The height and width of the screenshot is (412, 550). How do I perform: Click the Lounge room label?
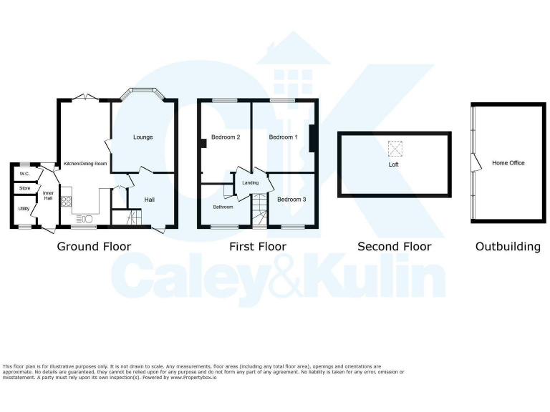pyautogui.click(x=143, y=137)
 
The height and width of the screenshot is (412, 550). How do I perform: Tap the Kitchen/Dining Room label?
pyautogui.click(x=85, y=164)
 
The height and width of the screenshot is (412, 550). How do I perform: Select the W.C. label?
pyautogui.click(x=24, y=174)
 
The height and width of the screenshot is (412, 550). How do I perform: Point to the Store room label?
pyautogui.click(x=25, y=188)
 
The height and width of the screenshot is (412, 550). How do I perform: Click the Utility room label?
pyautogui.click(x=24, y=208)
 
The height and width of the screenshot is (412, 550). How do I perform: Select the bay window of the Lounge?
pyautogui.click(x=143, y=94)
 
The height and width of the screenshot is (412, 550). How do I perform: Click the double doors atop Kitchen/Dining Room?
pyautogui.click(x=85, y=97)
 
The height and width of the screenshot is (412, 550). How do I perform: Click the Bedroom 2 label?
pyautogui.click(x=225, y=137)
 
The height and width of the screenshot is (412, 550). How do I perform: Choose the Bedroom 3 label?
pyautogui.click(x=291, y=199)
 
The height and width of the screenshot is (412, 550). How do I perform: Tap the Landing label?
pyautogui.click(x=250, y=183)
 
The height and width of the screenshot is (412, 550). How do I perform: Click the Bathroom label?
pyautogui.click(x=223, y=207)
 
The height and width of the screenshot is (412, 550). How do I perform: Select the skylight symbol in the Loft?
pyautogui.click(x=395, y=149)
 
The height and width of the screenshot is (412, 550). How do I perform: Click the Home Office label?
pyautogui.click(x=508, y=163)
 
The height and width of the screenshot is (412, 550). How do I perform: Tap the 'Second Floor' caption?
pyautogui.click(x=394, y=247)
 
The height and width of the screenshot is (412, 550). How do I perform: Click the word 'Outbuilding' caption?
pyautogui.click(x=508, y=247)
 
